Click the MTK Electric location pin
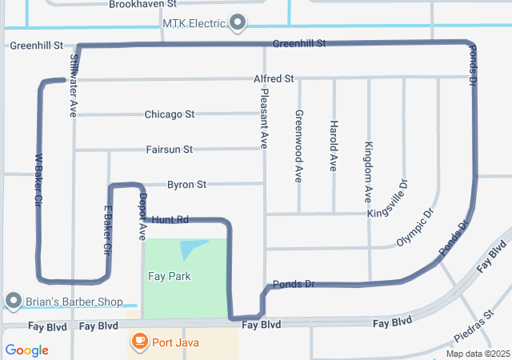[x=238, y=22]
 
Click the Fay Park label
[x=169, y=276]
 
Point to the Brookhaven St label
[x=142, y=4]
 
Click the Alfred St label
[x=274, y=79]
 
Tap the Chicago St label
[x=170, y=114]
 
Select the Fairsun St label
[x=170, y=150]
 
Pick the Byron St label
[x=186, y=185]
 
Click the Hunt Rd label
[x=170, y=219]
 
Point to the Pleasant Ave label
[x=264, y=118]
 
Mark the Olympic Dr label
[x=415, y=228]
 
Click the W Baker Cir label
[x=38, y=182]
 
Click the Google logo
[x=26, y=350]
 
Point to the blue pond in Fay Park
[x=190, y=250]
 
